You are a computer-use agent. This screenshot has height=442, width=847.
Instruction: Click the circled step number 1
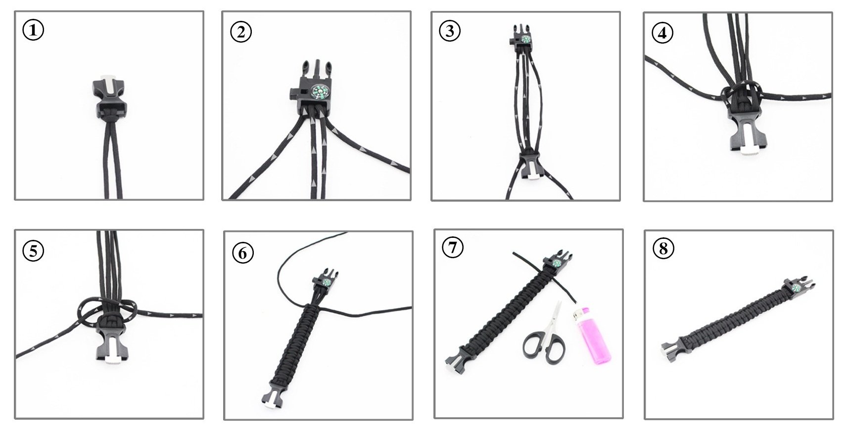coord(33,30)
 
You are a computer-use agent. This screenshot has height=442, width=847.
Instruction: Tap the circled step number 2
coord(241,32)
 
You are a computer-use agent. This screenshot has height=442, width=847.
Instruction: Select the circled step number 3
coord(450,31)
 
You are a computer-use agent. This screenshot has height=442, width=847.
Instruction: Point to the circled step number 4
coord(662,33)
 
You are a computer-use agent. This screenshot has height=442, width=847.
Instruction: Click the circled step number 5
coord(33,251)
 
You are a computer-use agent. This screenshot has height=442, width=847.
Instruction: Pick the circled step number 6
coord(243,253)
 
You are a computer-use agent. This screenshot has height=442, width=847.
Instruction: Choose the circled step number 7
coord(453,247)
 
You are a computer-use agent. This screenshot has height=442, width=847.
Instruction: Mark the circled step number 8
coord(663,248)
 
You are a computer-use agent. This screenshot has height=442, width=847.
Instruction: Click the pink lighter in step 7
coord(591,336)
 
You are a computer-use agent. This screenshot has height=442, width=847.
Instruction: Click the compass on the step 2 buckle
coord(319,92)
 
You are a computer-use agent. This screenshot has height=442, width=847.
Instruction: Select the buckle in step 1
coord(109,98)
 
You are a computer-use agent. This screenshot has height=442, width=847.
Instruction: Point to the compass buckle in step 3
coord(522,37)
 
